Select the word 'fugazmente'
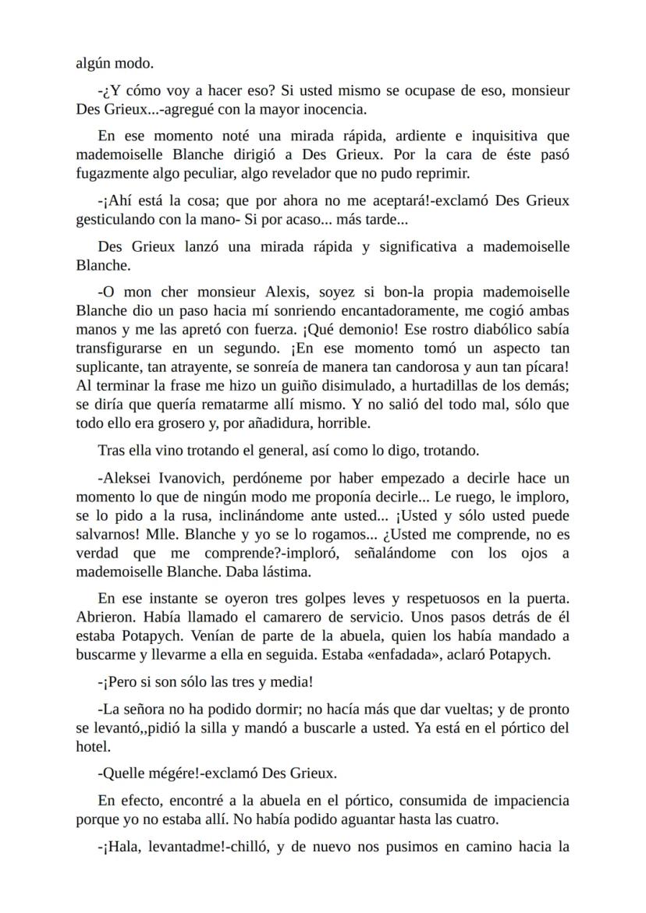tap(112, 172)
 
